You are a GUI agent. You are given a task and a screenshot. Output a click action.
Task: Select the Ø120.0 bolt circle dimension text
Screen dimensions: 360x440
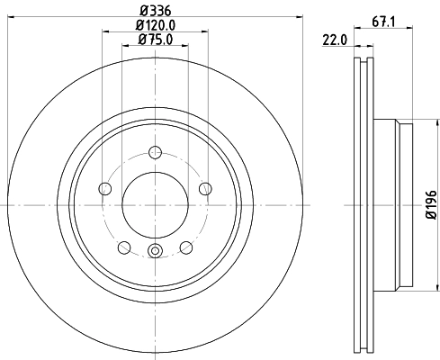tap(155, 26)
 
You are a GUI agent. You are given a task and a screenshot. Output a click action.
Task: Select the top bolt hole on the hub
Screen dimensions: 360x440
tap(155, 153)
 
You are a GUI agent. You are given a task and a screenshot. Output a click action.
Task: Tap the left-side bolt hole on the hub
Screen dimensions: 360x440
tap(104, 189)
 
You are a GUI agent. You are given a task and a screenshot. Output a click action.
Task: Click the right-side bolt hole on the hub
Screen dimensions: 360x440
tap(205, 189)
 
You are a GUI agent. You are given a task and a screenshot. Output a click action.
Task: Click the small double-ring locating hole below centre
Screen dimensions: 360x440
tap(155, 251)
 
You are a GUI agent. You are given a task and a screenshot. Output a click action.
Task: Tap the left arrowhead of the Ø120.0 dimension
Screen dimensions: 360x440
tap(105, 34)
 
